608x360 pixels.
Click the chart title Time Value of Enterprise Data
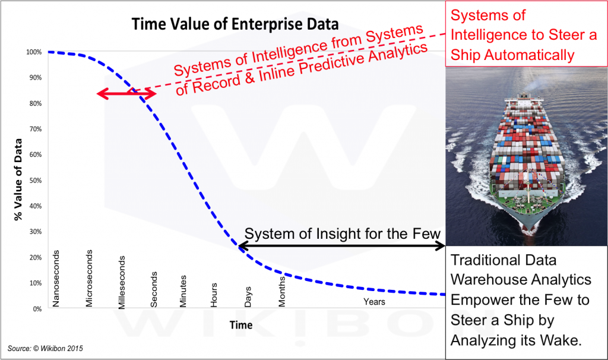click(x=235, y=24)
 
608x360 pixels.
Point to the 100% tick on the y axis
click(x=34, y=52)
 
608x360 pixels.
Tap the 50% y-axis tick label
click(x=35, y=181)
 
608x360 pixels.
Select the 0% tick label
click(x=37, y=309)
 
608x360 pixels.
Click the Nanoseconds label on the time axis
click(x=56, y=279)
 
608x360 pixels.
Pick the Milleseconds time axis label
click(x=122, y=282)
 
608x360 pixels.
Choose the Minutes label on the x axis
click(x=183, y=291)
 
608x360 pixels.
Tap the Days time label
click(x=248, y=297)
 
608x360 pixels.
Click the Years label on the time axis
click(x=374, y=302)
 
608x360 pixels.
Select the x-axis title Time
click(x=241, y=325)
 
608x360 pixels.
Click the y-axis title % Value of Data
click(x=18, y=179)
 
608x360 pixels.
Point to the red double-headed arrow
click(x=126, y=93)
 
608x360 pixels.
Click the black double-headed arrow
click(x=341, y=245)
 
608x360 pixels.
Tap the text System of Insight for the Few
click(x=343, y=233)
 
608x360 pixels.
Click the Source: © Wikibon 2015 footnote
click(x=45, y=348)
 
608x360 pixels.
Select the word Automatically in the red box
click(x=529, y=55)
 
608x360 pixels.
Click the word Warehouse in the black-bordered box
click(x=487, y=280)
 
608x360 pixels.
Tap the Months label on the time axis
click(x=282, y=291)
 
